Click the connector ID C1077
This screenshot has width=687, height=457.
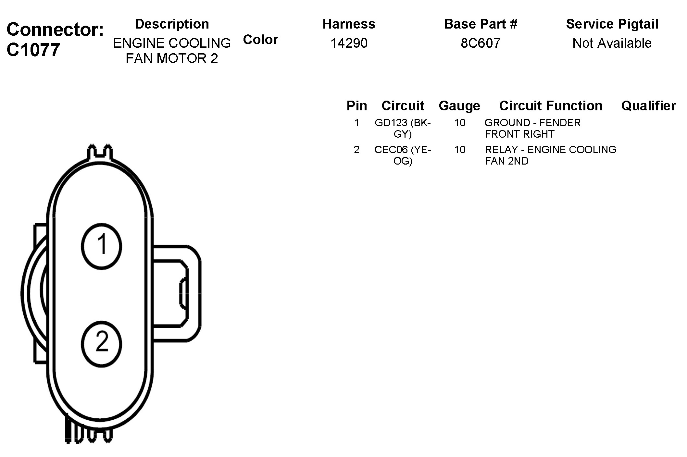pyautogui.click(x=33, y=50)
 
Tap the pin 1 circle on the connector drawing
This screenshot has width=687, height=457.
pyautogui.click(x=101, y=246)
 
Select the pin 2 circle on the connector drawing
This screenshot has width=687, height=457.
pyautogui.click(x=101, y=344)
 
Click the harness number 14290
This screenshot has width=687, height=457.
pyautogui.click(x=349, y=43)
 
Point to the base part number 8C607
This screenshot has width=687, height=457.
pyautogui.click(x=481, y=43)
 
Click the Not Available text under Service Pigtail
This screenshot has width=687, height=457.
pyautogui.click(x=612, y=43)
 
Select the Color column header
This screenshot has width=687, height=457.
pyautogui.click(x=261, y=40)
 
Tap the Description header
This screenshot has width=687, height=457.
pyautogui.click(x=172, y=24)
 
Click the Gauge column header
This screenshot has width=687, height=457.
pyautogui.click(x=459, y=106)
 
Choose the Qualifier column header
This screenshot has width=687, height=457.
pyautogui.click(x=648, y=106)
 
